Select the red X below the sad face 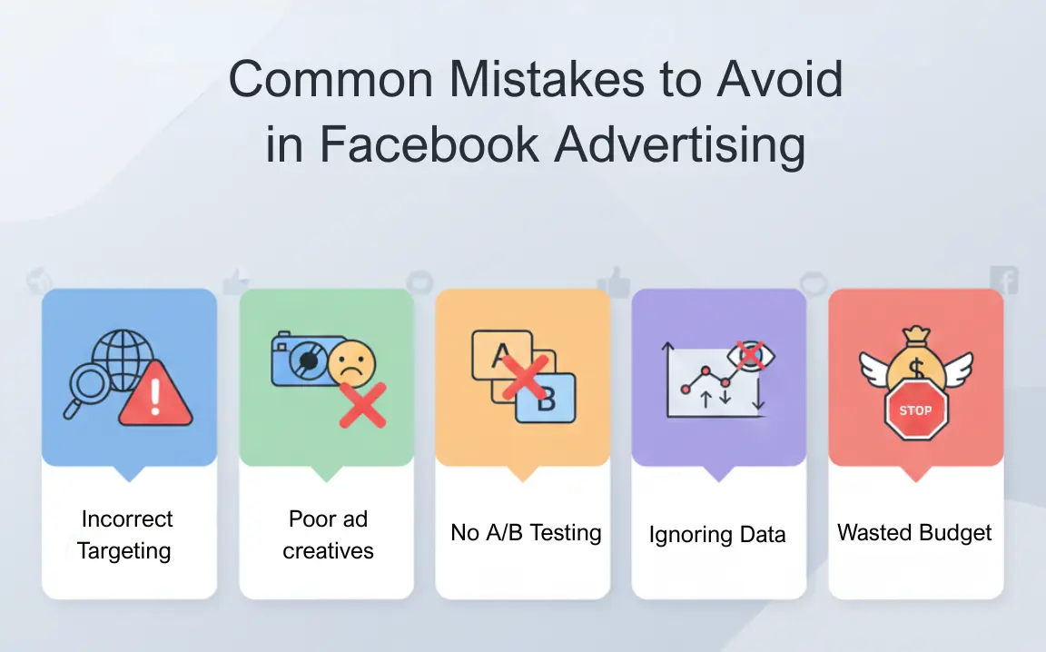362,405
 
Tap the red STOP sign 915,410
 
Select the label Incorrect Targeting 127,535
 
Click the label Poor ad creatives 328,535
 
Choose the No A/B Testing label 526,533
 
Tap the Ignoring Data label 717,535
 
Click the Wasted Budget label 915,533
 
